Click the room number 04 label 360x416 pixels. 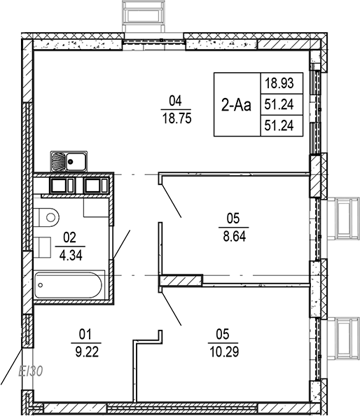[175, 99]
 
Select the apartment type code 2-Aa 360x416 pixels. [236, 105]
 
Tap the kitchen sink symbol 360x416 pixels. [68, 162]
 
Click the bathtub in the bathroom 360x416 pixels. [69, 285]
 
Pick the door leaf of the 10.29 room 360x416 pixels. [172, 308]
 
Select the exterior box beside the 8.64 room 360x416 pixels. [345, 218]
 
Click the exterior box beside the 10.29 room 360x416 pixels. [345, 338]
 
